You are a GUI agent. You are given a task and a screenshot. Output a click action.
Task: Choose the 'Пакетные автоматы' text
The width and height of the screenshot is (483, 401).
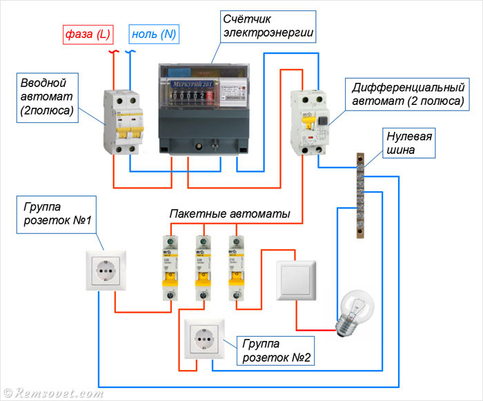click(x=230, y=214)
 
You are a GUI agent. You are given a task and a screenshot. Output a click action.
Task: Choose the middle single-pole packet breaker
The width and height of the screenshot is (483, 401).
click(x=202, y=268)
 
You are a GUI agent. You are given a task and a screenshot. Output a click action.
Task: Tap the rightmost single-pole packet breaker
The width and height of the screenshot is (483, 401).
click(x=236, y=268)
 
